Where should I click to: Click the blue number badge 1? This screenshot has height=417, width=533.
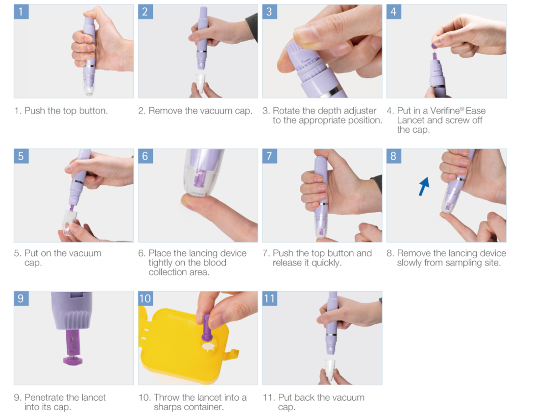click(21, 12)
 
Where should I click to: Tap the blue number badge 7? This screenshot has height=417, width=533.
click(269, 156)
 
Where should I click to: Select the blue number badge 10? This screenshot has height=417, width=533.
click(145, 298)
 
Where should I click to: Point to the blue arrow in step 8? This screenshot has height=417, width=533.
click(424, 186)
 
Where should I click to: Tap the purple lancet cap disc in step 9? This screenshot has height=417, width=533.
click(73, 361)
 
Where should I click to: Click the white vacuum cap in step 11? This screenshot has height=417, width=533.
click(330, 369)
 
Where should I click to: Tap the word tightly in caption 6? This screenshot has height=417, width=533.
click(161, 263)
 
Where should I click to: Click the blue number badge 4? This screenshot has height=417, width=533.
click(394, 12)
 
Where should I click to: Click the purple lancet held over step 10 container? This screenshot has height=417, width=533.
click(206, 327)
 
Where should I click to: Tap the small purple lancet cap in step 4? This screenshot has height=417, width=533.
click(434, 46)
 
